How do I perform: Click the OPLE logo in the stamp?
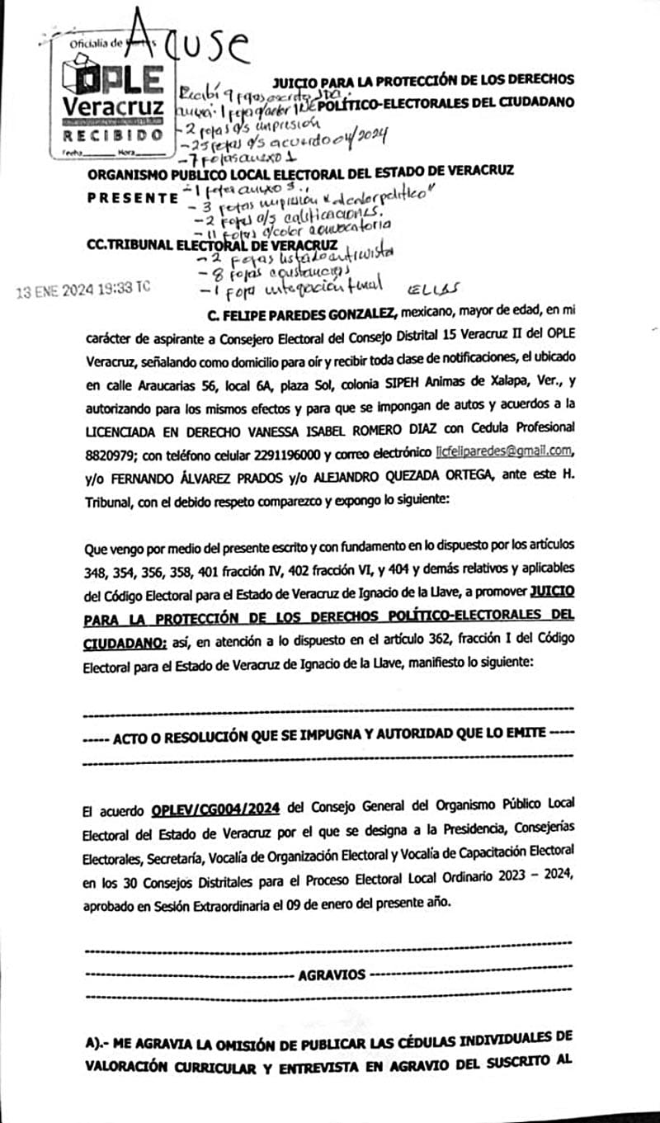tap(112, 79)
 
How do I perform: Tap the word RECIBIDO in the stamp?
tap(112, 134)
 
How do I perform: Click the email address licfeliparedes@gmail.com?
tap(504, 452)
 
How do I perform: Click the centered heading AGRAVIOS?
tap(332, 974)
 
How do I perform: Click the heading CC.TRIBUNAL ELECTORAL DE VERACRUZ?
tap(211, 245)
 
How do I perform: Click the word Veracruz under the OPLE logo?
tap(113, 107)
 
